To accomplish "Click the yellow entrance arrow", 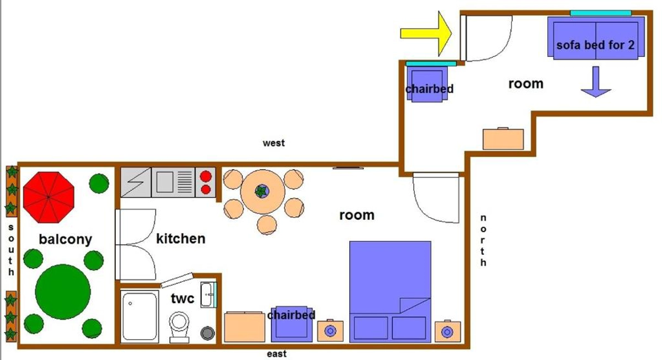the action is tap(426, 34).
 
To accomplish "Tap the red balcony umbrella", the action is tap(49, 197).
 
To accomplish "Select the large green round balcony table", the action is tap(63, 292).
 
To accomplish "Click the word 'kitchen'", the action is tap(180, 239).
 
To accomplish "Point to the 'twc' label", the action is tap(183, 298).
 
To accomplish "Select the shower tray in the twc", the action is tap(140, 317).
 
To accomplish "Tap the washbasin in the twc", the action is tap(209, 295).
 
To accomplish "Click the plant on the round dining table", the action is tap(262, 191).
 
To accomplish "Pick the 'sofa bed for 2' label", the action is tap(595, 45).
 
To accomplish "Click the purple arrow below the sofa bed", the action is tap(596, 82).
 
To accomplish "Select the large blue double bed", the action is tap(390, 292).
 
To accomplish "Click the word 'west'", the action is tap(274, 143).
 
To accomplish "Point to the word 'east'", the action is tap(276, 354).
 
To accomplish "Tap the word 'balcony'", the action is tap(65, 239).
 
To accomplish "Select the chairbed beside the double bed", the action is tap(292, 324).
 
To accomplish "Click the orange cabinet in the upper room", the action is tap(503, 139).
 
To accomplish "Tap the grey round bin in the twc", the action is tap(207, 333).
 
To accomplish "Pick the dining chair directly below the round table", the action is tap(267, 225).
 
